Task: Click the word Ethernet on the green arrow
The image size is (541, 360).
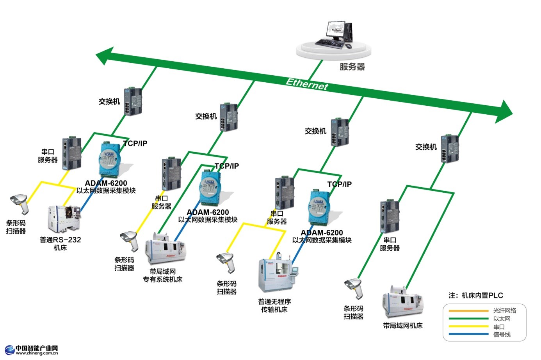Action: pyautogui.click(x=307, y=83)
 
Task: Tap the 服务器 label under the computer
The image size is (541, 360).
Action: pyautogui.click(x=352, y=67)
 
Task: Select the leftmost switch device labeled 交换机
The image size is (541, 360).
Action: pyautogui.click(x=133, y=101)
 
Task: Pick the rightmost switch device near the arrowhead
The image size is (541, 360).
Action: pyautogui.click(x=449, y=148)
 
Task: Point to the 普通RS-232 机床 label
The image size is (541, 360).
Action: pyautogui.click(x=60, y=243)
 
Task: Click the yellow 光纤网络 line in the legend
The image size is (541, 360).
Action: pyautogui.click(x=468, y=311)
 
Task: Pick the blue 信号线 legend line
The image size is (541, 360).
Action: pyautogui.click(x=468, y=334)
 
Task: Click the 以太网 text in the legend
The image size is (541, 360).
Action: pyautogui.click(x=502, y=319)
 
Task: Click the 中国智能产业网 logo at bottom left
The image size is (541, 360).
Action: pyautogui.click(x=31, y=349)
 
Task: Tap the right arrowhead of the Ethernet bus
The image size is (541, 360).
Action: pyautogui.click(x=505, y=111)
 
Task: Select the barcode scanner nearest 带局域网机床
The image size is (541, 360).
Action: pyautogui.click(x=354, y=288)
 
